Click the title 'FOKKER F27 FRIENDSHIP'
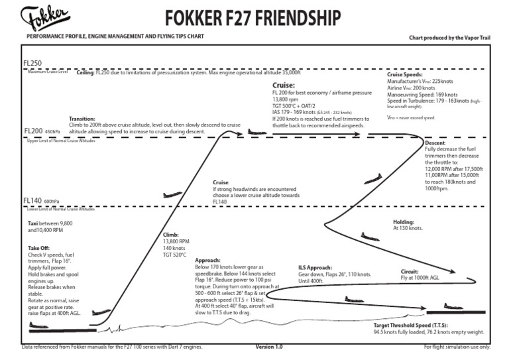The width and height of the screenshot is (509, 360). (x=254, y=15)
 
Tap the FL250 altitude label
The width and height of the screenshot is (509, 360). (x=32, y=64)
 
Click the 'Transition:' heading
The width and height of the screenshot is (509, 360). (x=82, y=119)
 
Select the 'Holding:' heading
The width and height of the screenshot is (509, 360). (x=404, y=221)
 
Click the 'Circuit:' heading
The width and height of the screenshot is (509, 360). (x=410, y=272)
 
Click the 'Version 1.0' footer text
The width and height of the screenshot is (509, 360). (x=269, y=347)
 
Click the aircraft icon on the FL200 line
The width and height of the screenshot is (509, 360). (x=254, y=131)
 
